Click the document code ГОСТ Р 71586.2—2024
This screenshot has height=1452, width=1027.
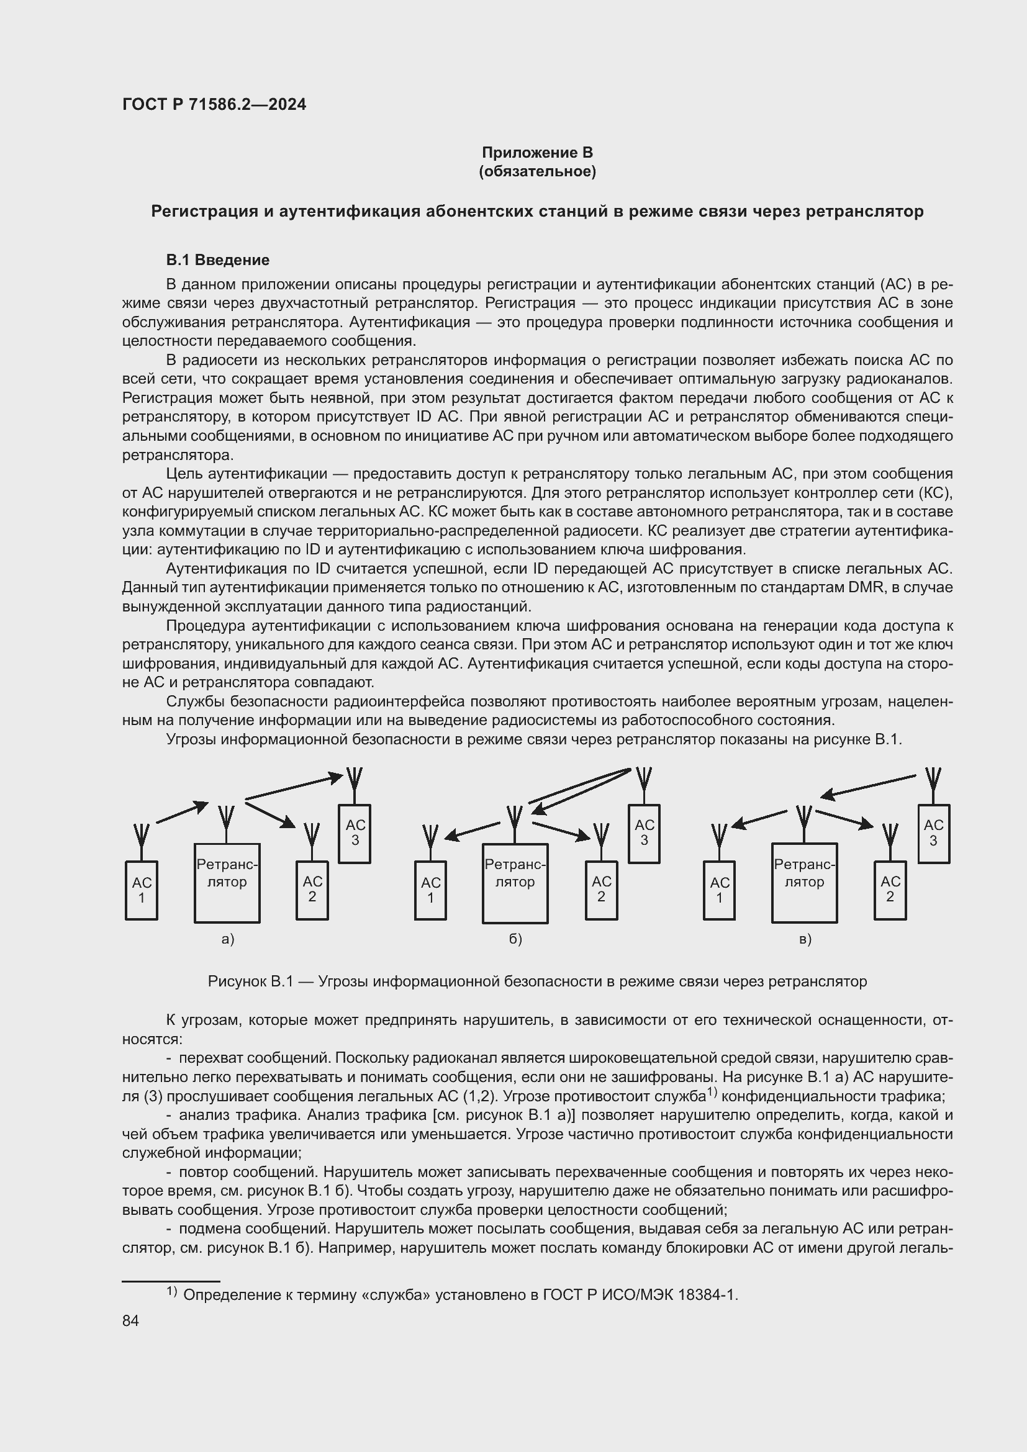[214, 104]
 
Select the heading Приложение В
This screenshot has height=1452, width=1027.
[537, 153]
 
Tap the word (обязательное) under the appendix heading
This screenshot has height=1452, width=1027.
[537, 171]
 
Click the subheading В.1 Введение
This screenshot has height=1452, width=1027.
[217, 260]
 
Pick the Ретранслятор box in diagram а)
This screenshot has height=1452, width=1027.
[227, 882]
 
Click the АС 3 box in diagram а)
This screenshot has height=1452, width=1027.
[355, 833]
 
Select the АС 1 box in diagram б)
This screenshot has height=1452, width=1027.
[431, 890]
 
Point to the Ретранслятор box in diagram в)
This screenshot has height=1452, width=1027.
[803, 882]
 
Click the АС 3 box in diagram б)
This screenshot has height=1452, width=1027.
[644, 833]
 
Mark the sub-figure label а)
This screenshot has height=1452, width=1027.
[228, 939]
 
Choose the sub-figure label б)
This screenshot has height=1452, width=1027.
[515, 939]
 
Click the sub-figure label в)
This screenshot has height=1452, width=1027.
[804, 939]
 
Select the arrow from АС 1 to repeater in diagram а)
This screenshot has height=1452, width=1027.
[181, 812]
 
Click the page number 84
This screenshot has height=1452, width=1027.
[131, 1320]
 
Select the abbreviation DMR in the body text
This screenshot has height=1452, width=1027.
[867, 587]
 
